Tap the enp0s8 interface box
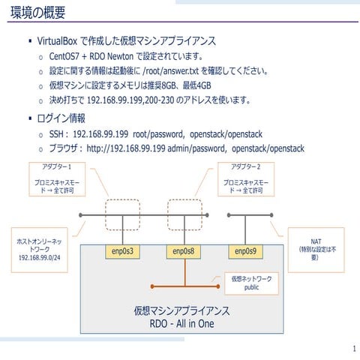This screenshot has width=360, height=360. click(x=183, y=250)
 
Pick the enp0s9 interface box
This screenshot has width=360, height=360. click(x=245, y=250)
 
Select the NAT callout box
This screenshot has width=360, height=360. click(x=315, y=243)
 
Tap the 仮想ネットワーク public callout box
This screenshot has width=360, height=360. click(x=251, y=282)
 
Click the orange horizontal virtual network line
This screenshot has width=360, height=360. click(x=183, y=286)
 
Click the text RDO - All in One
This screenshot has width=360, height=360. click(x=181, y=322)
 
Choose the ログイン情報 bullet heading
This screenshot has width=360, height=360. click(x=61, y=118)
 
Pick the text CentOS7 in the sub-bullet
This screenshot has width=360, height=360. click(x=65, y=56)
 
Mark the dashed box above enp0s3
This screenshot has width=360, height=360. click(x=121, y=214)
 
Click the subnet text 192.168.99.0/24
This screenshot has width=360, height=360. click(x=39, y=258)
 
